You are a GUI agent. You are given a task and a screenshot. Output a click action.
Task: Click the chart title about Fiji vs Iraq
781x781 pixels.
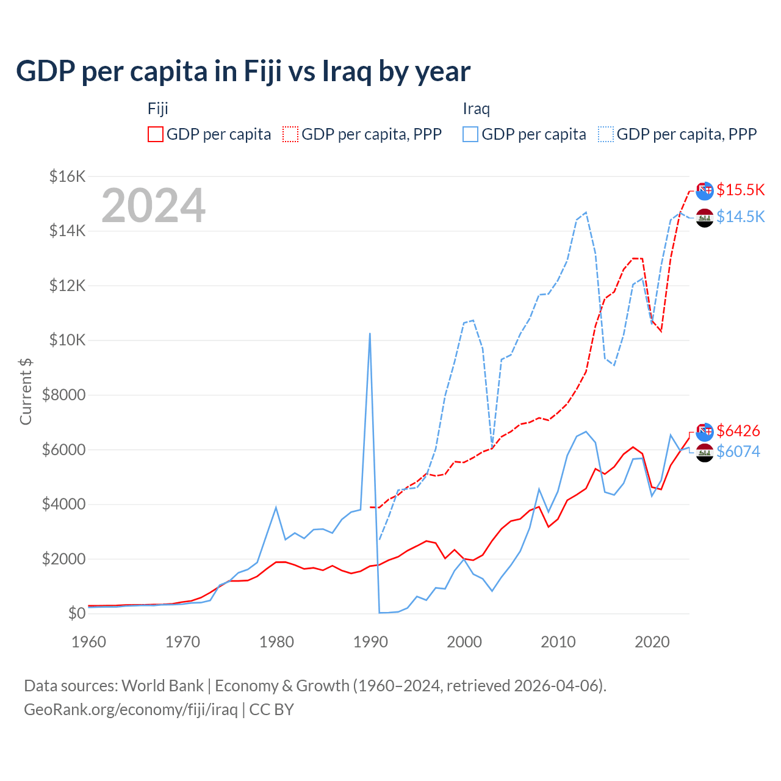(x=243, y=71)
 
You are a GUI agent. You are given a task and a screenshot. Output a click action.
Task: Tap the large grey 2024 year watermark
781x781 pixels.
(x=153, y=206)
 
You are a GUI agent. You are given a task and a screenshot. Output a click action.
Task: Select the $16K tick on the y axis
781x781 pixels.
(x=67, y=177)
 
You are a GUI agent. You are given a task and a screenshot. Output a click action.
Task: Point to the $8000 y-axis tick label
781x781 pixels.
(x=63, y=395)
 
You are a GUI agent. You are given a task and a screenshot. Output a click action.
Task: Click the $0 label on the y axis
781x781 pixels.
(x=76, y=613)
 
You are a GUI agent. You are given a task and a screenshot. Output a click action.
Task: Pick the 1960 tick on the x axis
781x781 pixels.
(x=89, y=642)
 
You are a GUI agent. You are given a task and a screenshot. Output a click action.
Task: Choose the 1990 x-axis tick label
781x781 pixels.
(x=370, y=642)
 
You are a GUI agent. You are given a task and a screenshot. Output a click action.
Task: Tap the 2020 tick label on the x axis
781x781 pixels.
(x=652, y=642)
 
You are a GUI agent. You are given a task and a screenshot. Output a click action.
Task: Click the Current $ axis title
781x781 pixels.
(x=26, y=391)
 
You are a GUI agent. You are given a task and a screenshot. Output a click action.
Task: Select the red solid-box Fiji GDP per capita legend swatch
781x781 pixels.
(x=156, y=134)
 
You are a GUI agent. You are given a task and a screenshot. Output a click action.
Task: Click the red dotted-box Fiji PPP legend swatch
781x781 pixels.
(x=290, y=134)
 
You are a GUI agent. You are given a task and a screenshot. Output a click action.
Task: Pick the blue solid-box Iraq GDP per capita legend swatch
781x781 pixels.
(x=470, y=134)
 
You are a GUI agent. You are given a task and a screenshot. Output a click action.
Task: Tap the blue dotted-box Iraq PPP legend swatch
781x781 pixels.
(x=606, y=134)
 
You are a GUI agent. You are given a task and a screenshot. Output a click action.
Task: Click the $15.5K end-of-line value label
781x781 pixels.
(x=740, y=190)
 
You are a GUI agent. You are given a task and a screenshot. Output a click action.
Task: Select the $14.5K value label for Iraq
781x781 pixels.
(x=740, y=217)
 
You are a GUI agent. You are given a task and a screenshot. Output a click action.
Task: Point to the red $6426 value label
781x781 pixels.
(x=738, y=431)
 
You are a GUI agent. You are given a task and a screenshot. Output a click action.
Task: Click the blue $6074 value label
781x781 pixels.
(x=738, y=452)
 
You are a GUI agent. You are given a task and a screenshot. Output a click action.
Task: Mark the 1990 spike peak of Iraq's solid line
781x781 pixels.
(x=370, y=333)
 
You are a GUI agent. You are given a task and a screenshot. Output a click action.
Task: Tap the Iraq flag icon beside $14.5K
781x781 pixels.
(x=705, y=218)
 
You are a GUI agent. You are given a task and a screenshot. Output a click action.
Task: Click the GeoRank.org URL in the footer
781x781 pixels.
(x=131, y=710)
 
